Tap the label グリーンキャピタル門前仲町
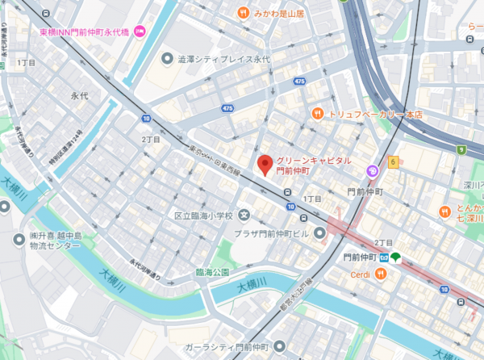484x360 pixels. (314, 165)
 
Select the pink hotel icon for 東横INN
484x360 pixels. (139, 32)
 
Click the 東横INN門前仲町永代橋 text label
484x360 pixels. (85, 32)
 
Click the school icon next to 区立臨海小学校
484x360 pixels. (244, 216)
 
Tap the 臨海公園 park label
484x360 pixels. (213, 273)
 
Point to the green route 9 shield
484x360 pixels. (462, 149)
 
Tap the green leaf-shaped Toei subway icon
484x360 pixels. (400, 257)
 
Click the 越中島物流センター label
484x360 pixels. (60, 241)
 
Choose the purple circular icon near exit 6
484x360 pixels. (372, 170)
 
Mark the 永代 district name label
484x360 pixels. (79, 95)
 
